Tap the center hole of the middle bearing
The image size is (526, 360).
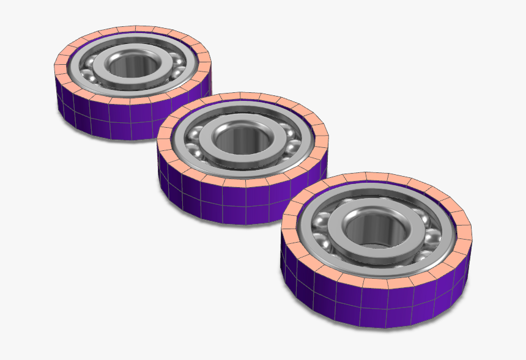click(x=241, y=139)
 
